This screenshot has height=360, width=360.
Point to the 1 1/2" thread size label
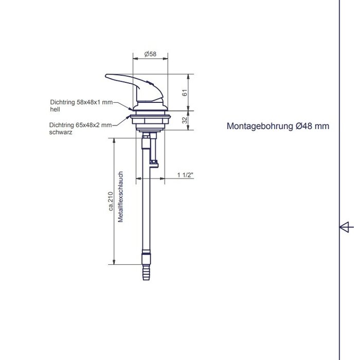point(185,175)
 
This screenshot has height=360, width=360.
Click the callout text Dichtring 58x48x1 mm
point(81,102)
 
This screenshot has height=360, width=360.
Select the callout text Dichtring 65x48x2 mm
point(81,125)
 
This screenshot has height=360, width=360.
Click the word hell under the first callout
point(55,110)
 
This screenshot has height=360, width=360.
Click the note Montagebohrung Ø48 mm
point(278,126)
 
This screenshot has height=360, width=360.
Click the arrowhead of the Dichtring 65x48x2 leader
point(129,118)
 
